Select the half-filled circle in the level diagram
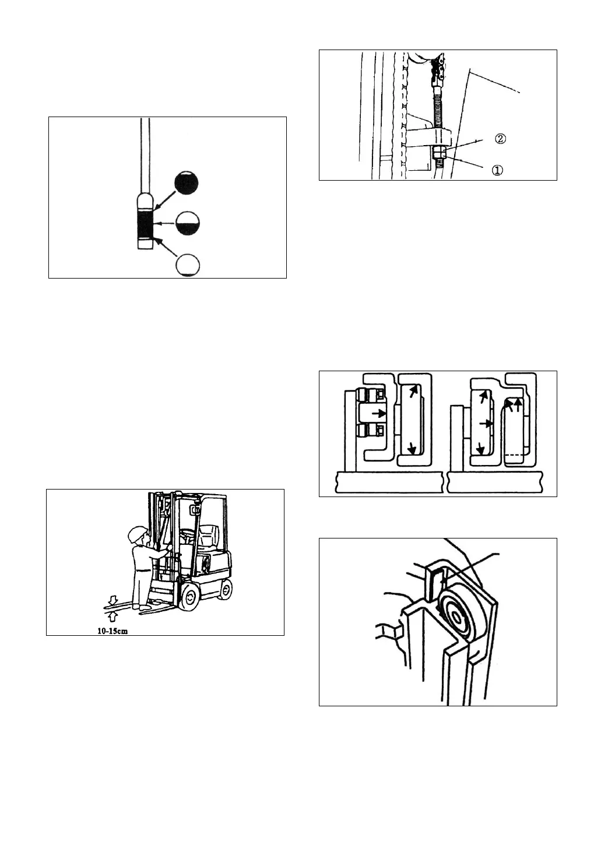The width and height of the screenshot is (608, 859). click(188, 223)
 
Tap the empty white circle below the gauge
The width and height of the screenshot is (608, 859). click(188, 265)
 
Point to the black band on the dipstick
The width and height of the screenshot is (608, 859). click(145, 225)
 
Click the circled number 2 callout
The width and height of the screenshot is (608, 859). click(500, 139)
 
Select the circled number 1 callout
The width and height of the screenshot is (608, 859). click(496, 170)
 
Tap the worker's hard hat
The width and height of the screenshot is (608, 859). click(137, 533)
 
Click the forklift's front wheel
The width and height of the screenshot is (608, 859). click(189, 599)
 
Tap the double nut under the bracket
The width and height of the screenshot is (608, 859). click(439, 154)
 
